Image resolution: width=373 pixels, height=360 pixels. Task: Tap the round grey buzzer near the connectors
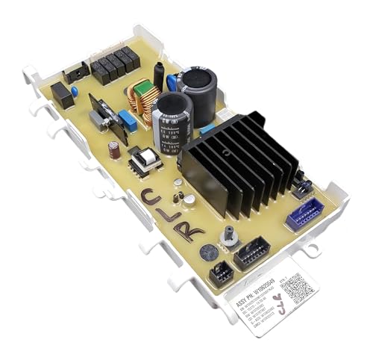(x=189, y=199)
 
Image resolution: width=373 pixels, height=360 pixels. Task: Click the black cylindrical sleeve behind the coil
(x=159, y=73)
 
